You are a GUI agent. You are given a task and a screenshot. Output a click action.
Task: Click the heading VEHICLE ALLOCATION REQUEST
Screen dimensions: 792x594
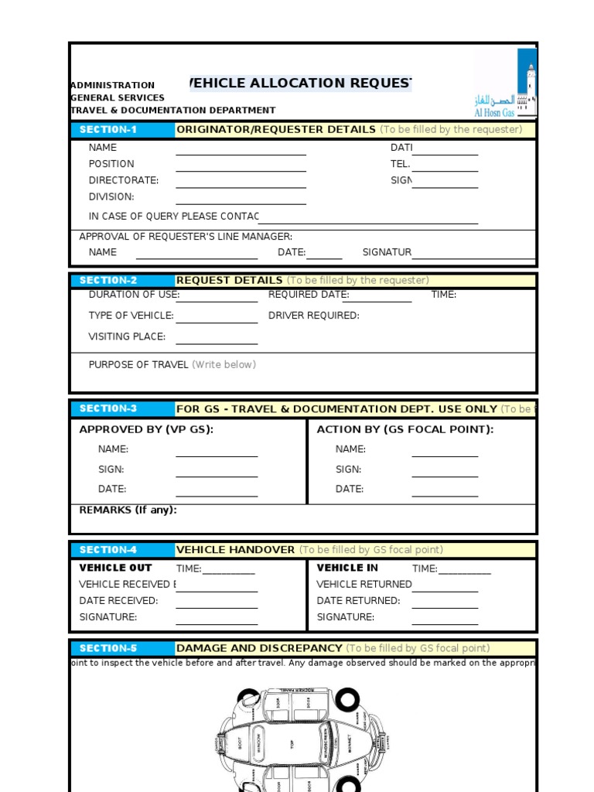301,84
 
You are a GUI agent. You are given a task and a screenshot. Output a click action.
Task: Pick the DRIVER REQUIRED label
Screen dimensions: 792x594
313,316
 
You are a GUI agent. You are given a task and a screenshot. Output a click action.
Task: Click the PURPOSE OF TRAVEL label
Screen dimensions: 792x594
138,365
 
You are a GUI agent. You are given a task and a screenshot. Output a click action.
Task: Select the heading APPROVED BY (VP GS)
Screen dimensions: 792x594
146,429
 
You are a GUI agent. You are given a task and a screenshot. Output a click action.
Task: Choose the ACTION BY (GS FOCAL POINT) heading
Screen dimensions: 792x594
405,429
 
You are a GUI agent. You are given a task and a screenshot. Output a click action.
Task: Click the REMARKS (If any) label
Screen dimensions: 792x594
128,510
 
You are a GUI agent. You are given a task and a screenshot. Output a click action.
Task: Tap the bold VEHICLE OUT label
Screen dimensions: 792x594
116,568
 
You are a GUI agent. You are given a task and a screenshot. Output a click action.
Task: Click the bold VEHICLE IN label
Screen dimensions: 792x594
347,568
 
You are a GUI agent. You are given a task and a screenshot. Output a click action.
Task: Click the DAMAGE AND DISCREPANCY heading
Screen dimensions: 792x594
259,648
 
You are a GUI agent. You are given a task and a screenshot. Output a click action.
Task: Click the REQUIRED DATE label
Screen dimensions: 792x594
309,295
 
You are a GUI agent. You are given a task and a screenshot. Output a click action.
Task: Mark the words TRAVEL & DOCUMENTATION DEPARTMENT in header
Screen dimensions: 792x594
172,111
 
